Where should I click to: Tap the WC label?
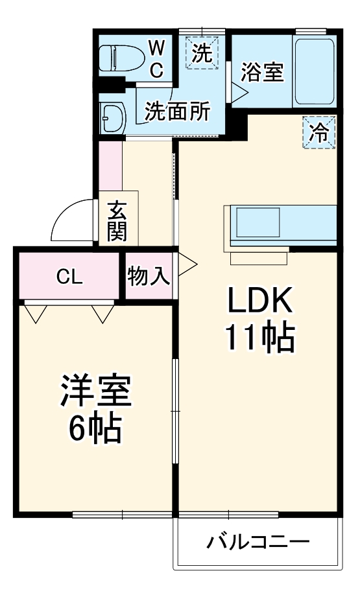(x=157, y=59)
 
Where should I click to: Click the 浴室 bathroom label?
(x=262, y=72)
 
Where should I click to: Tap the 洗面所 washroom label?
(x=177, y=111)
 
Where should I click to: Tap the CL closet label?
(x=69, y=277)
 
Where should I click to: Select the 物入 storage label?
(x=149, y=277)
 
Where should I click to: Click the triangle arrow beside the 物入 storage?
(x=186, y=264)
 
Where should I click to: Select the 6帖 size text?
(x=96, y=428)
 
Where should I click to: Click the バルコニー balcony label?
(x=258, y=542)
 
